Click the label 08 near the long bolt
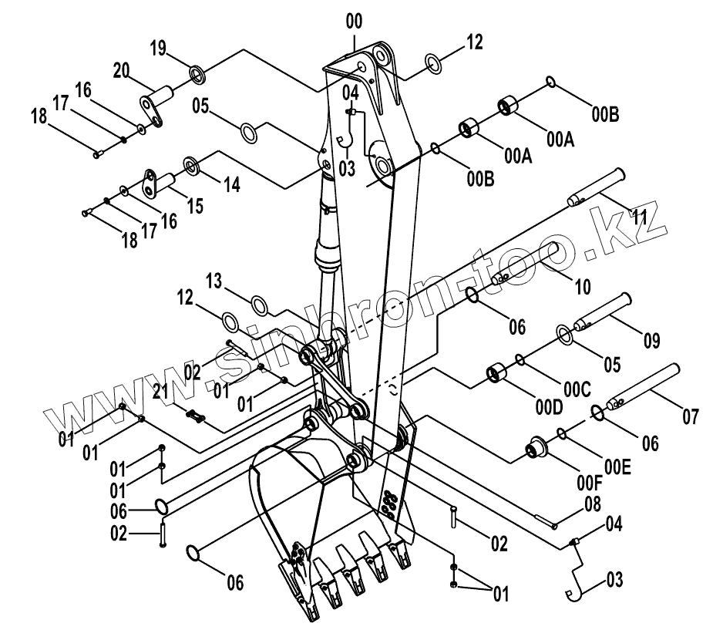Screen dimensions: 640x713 tap(592, 506)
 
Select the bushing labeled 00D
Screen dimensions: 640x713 tap(495, 375)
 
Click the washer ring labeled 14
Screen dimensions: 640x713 tap(190, 164)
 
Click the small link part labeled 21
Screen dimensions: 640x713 tap(196, 417)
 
